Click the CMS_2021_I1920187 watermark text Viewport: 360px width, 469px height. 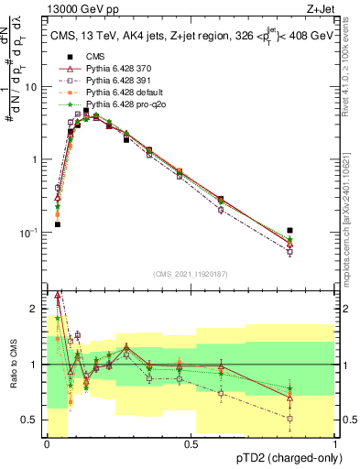pyautogui.click(x=191, y=274)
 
